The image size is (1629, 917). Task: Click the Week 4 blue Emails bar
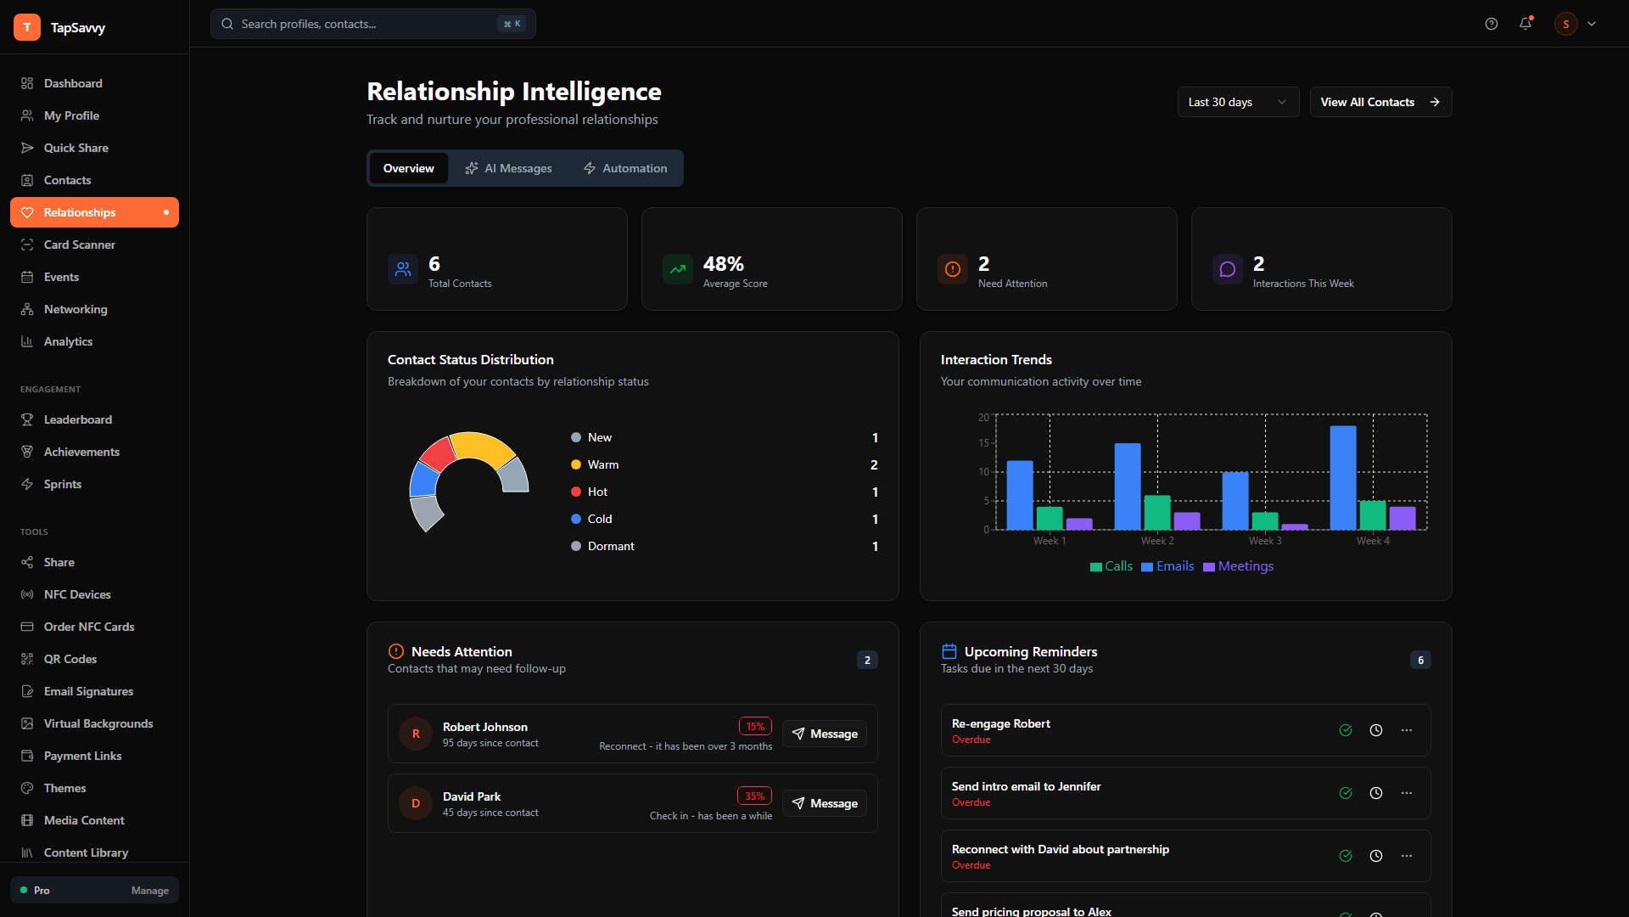pyautogui.click(x=1342, y=477)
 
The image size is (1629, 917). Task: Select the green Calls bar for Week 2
pyautogui.click(x=1156, y=512)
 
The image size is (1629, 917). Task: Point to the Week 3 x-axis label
pyautogui.click(x=1265, y=541)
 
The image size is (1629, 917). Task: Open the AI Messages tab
pyautogui.click(x=509, y=168)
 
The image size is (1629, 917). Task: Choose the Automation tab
pyautogui.click(x=625, y=168)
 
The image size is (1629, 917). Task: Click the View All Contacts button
pyautogui.click(x=1380, y=102)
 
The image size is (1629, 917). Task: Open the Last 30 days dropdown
pyautogui.click(x=1238, y=102)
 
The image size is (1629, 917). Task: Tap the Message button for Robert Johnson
pyautogui.click(x=825, y=734)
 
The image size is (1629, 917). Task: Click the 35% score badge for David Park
pyautogui.click(x=754, y=796)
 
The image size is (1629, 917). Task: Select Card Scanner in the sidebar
pyautogui.click(x=80, y=245)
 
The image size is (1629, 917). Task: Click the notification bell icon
pyautogui.click(x=1525, y=24)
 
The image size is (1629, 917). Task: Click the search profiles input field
pyautogui.click(x=365, y=24)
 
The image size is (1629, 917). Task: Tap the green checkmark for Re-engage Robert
pyautogui.click(x=1346, y=730)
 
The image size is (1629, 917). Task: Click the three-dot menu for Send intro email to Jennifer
pyautogui.click(x=1407, y=793)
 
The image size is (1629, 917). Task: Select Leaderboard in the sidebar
pyautogui.click(x=78, y=419)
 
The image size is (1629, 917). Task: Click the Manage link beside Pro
pyautogui.click(x=150, y=891)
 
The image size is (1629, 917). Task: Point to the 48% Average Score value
pyautogui.click(x=724, y=264)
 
